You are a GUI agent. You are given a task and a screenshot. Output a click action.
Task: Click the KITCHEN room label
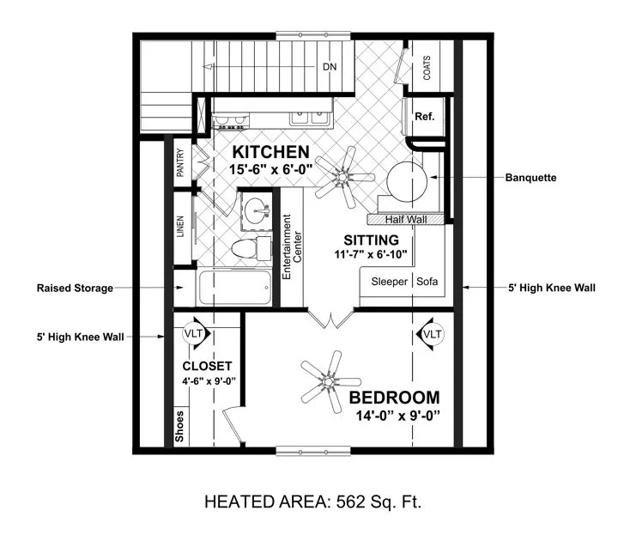[270, 152]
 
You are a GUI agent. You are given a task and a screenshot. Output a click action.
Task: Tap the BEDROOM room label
[394, 398]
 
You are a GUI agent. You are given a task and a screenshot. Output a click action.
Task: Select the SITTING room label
[372, 240]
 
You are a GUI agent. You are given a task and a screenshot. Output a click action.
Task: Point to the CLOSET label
[207, 367]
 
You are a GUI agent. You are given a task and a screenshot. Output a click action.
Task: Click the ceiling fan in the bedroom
[329, 381]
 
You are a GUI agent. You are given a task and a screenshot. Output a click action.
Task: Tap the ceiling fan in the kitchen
[343, 177]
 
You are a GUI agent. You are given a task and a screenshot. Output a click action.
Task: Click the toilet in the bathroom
[251, 248]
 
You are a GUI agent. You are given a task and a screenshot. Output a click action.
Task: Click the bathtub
[235, 288]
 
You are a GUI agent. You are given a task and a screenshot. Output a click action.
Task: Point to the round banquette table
[407, 182]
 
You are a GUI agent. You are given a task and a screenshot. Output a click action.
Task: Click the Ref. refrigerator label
[425, 116]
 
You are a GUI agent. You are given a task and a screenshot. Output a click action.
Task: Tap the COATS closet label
[427, 68]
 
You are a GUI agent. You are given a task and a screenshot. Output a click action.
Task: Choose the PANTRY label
[180, 162]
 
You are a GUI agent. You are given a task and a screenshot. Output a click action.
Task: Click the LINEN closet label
[180, 227]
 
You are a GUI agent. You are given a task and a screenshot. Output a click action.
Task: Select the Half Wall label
[406, 220]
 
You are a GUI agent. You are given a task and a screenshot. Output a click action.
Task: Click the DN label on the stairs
[330, 67]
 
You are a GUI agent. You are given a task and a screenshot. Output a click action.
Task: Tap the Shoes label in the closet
[179, 426]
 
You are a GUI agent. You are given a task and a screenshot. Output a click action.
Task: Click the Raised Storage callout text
[75, 289]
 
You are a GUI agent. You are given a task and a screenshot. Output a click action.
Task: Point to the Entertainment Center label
[292, 247]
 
